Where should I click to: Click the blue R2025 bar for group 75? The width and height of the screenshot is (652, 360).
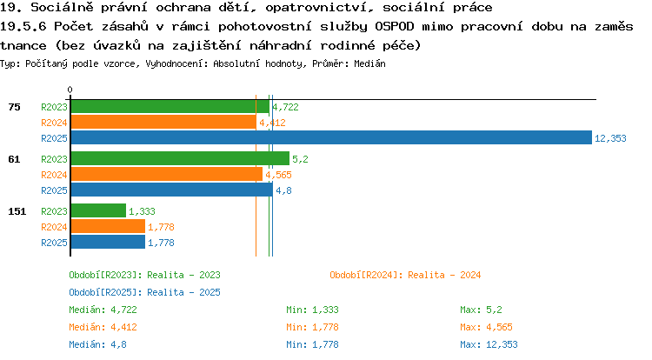[331, 137]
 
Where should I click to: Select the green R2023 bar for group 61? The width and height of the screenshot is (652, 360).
[180, 158]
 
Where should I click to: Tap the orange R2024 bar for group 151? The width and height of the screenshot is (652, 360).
[108, 227]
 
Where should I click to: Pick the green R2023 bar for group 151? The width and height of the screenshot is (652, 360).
[98, 210]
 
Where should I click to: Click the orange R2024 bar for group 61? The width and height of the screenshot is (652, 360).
[167, 174]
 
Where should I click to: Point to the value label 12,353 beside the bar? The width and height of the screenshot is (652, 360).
[610, 138]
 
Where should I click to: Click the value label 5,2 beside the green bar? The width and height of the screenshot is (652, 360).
[300, 159]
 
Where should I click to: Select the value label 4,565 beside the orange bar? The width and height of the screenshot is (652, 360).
[278, 175]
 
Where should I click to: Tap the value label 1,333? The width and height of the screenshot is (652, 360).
[142, 211]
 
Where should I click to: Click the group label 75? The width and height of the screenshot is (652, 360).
[14, 107]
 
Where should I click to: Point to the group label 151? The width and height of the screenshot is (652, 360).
[17, 211]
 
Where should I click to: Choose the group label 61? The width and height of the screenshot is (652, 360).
[14, 159]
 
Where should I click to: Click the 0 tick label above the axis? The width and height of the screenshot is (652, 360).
[70, 90]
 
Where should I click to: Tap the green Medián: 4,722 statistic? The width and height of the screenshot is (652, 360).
[103, 310]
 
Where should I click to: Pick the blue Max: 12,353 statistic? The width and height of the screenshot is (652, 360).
[489, 344]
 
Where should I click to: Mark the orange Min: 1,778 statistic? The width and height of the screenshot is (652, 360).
[312, 328]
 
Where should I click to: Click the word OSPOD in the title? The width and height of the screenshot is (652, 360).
[395, 27]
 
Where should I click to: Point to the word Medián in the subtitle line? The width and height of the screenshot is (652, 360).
[369, 64]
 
